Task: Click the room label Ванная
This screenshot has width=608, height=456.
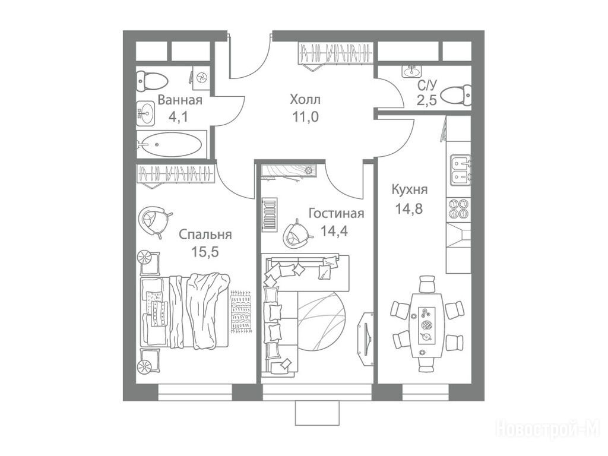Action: [180, 100]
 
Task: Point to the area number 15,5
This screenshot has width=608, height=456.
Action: [205, 251]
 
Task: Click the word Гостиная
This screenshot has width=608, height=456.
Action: [336, 214]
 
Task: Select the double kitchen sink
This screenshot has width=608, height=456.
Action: [460, 169]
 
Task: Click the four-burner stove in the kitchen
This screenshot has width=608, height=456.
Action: [459, 208]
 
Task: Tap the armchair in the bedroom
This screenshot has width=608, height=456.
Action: [154, 220]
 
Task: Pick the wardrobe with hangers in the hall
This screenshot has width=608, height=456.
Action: [335, 55]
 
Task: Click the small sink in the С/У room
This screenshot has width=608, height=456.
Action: [410, 71]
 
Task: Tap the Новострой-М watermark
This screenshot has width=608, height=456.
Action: [548, 429]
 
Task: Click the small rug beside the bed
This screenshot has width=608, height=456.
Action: [240, 311]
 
